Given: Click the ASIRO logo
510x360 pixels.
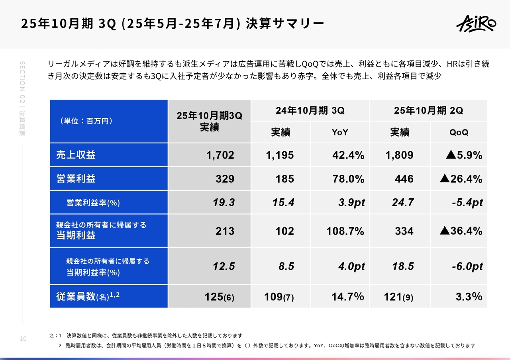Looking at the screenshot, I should (476, 23).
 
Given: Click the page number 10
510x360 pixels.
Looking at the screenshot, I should (23, 338).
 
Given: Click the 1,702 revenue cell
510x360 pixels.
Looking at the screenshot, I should (220, 155).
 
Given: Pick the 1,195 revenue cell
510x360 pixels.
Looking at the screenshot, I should (280, 155).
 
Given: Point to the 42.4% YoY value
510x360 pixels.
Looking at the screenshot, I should (348, 155).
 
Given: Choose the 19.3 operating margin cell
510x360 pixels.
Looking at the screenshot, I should (224, 203).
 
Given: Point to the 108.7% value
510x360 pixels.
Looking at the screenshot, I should (345, 231).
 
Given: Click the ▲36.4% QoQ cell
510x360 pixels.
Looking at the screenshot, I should (461, 231).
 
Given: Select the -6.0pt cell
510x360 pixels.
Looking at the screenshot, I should (467, 266).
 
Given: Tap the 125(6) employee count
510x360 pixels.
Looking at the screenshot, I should (219, 297).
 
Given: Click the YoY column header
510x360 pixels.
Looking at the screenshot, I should (340, 133).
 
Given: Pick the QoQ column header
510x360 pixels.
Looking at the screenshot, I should (459, 133).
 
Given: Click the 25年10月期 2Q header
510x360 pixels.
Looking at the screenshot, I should (428, 111).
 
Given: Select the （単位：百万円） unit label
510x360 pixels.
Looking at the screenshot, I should (86, 121).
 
